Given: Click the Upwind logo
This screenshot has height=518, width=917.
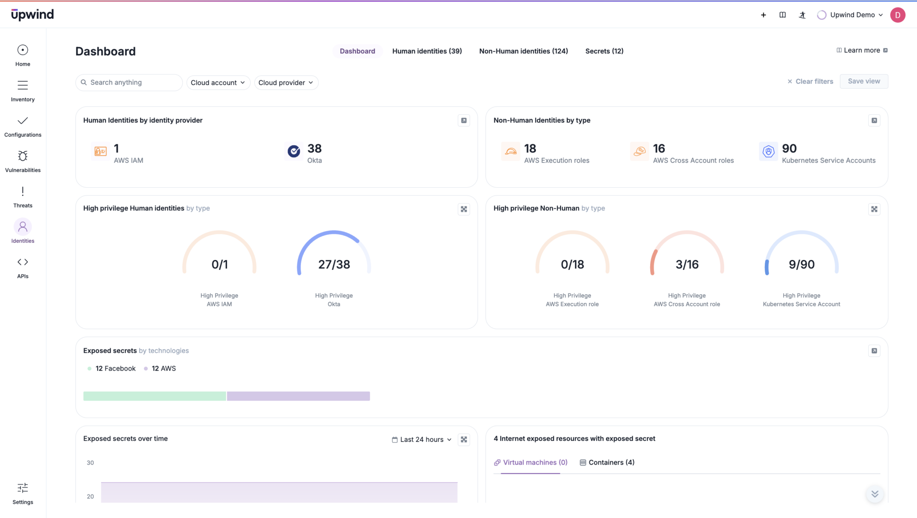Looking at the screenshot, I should [x=32, y=14].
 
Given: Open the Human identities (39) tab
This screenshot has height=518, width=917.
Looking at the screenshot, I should [x=427, y=51].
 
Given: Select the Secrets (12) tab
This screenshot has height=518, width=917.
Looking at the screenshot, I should [x=604, y=51].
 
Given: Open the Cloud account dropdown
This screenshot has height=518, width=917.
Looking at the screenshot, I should [x=218, y=82].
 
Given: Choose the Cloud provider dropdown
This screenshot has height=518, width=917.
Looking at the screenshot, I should [x=286, y=82].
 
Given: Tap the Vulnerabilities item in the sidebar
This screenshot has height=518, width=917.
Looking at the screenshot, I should [x=23, y=161].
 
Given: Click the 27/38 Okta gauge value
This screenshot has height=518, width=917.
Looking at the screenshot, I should [x=334, y=264].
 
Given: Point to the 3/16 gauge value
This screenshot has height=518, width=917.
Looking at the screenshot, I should [x=687, y=264].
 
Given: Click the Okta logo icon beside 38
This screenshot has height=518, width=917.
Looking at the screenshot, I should [x=294, y=151].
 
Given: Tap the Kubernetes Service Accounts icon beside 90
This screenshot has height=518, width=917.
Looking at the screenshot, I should [x=768, y=151].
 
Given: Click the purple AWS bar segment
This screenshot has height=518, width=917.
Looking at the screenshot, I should [x=298, y=396].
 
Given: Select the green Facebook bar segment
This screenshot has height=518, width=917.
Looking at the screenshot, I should [x=154, y=396].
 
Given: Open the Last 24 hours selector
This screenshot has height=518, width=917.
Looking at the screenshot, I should [x=422, y=440].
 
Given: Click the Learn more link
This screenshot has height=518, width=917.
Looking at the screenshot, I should [x=861, y=50].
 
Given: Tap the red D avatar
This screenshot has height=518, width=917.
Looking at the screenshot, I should [x=897, y=15].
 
